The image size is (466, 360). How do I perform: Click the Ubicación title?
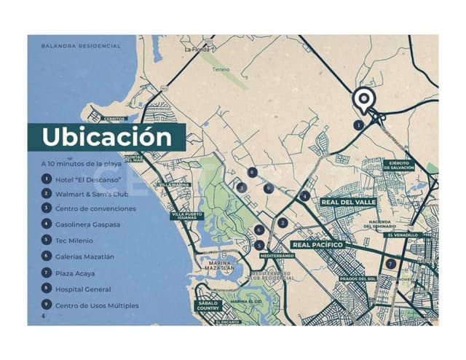coord(106,137)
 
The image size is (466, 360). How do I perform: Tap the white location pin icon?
coord(362,100)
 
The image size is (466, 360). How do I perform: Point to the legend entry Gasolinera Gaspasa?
coord(88,224)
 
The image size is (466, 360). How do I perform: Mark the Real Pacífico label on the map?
coord(317,246)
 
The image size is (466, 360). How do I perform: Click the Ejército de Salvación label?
coord(400,165)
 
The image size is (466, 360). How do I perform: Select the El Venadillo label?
coord(402,235)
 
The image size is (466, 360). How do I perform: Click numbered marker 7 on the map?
coord(391,264)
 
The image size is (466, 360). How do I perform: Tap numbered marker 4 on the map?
coord(304,196)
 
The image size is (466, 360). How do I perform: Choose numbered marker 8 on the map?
coord(251,173)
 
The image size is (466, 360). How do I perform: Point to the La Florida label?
coord(197,50)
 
